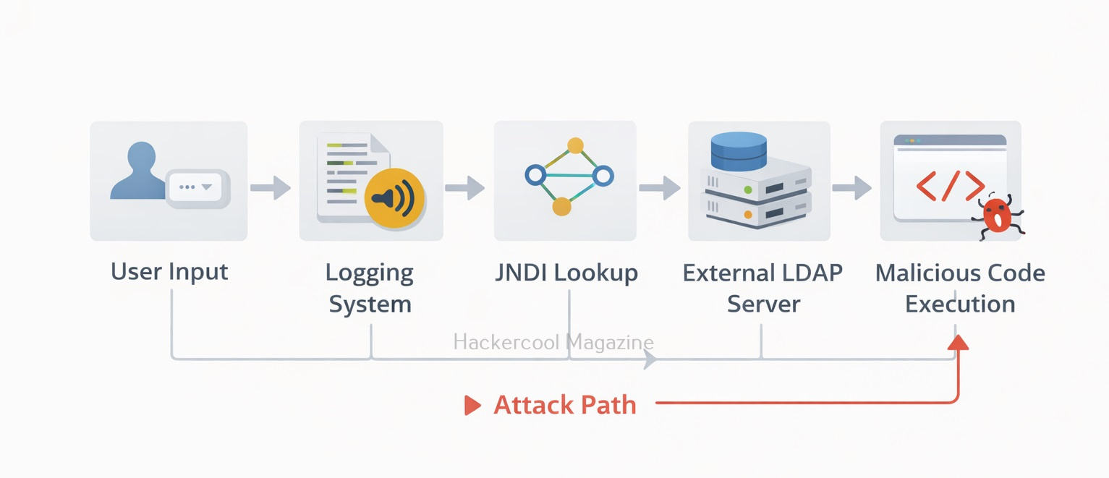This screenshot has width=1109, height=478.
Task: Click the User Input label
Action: click(169, 272)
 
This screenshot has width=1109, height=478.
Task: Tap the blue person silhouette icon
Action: click(139, 171)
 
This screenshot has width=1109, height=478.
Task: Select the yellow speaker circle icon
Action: click(394, 198)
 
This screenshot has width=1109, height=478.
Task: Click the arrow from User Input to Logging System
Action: click(271, 187)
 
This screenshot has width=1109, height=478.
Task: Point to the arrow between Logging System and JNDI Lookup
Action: click(464, 187)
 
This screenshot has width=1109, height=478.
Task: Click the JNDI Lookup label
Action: click(566, 273)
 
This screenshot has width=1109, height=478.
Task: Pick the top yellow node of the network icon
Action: click(575, 146)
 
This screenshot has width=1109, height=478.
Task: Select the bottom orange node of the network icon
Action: click(561, 207)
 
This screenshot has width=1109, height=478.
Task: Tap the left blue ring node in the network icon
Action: click(535, 175)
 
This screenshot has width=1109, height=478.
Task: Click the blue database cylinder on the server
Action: click(739, 151)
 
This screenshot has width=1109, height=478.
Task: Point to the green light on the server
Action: click(748, 189)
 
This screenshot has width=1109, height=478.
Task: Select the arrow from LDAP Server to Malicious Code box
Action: click(851, 187)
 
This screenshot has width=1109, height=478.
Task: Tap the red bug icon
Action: click(998, 215)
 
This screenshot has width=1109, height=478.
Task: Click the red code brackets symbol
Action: click(950, 186)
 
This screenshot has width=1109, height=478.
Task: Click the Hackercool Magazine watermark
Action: click(553, 342)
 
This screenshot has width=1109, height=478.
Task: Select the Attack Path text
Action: click(565, 405)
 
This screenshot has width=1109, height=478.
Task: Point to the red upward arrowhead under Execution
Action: click(958, 343)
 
